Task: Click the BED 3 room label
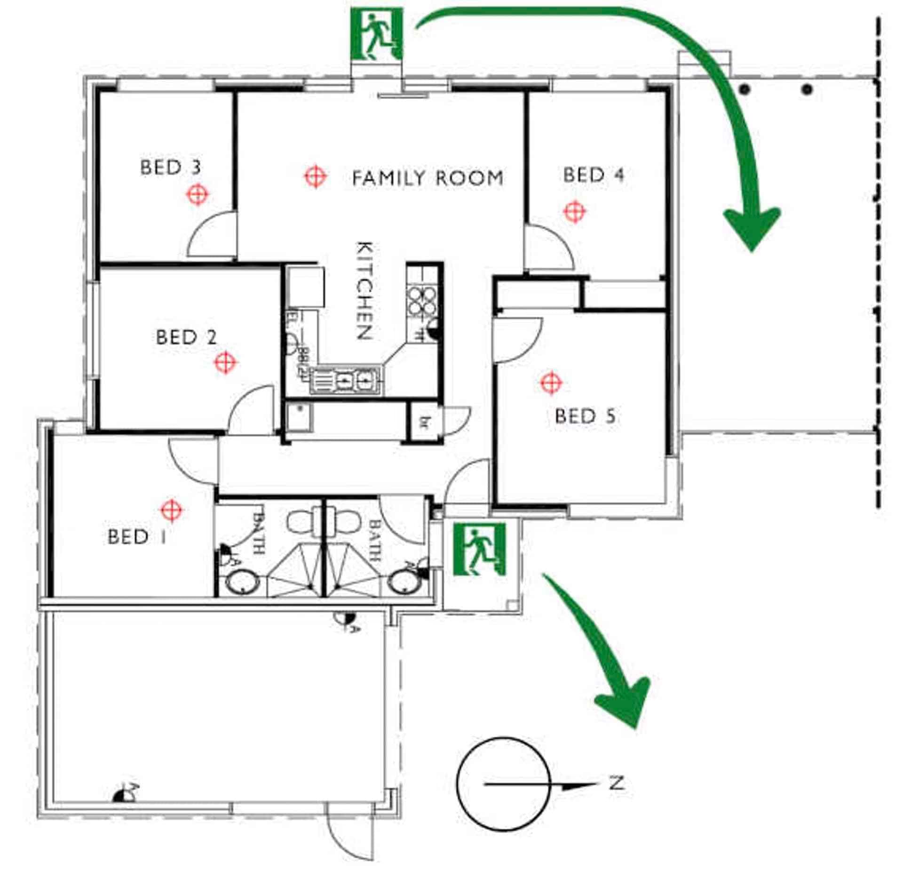pos(170,168)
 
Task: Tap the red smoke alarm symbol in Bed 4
pos(574,211)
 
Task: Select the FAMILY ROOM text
pos(428,178)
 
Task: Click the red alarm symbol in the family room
pos(315,177)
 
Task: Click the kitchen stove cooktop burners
pos(421,300)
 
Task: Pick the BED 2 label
pos(186,337)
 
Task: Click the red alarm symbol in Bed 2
pos(225,362)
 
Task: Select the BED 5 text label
pos(585,416)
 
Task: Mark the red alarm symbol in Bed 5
pos(550,383)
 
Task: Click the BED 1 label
pos(137,537)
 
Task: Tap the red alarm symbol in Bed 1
pos(171,510)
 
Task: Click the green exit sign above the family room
pos(376,34)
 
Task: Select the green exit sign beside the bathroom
pos(479,549)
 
